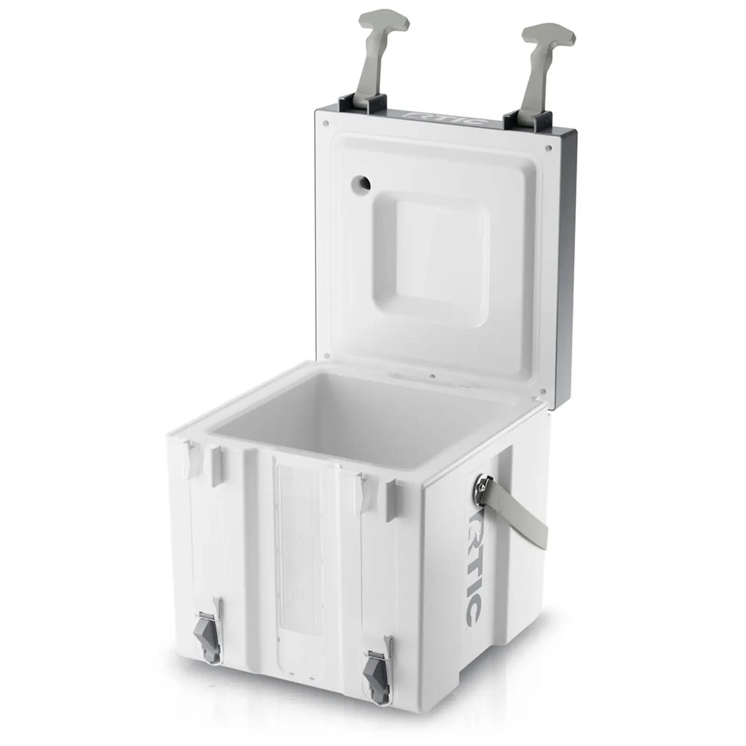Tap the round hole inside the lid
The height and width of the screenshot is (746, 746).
coord(362,183)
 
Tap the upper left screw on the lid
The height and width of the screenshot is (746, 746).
coord(325,124)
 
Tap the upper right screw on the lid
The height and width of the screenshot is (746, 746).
coord(548,147)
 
